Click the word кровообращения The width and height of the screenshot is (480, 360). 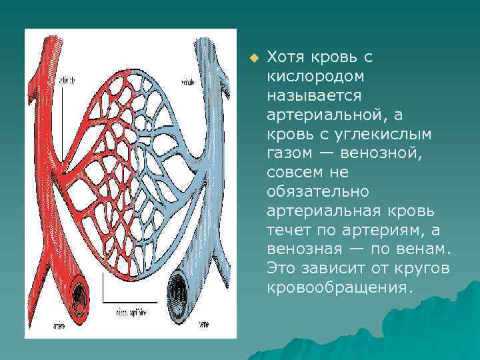point(339,288)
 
